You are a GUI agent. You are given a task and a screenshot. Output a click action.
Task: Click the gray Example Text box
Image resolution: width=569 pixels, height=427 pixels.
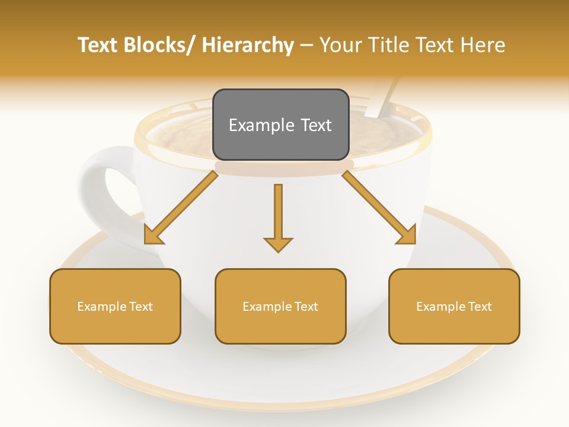tap(280, 125)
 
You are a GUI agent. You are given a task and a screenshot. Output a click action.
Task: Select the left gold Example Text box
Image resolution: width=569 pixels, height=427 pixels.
tap(115, 306)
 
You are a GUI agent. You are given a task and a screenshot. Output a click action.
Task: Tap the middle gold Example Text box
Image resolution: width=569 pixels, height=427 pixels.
tap(280, 306)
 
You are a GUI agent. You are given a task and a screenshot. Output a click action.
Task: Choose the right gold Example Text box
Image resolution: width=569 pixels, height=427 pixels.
tap(454, 306)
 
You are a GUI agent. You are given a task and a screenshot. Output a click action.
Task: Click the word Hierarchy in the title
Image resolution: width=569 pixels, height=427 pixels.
tap(248, 45)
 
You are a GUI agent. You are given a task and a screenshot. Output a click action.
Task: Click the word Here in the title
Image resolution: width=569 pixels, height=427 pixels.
tap(484, 45)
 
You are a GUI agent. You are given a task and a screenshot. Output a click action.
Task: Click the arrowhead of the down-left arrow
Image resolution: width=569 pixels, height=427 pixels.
tap(153, 235)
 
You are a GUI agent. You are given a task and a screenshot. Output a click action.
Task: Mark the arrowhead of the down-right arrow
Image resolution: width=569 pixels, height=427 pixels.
tap(407, 235)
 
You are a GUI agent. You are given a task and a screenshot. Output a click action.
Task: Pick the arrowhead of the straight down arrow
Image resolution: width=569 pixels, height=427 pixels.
tap(278, 244)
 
